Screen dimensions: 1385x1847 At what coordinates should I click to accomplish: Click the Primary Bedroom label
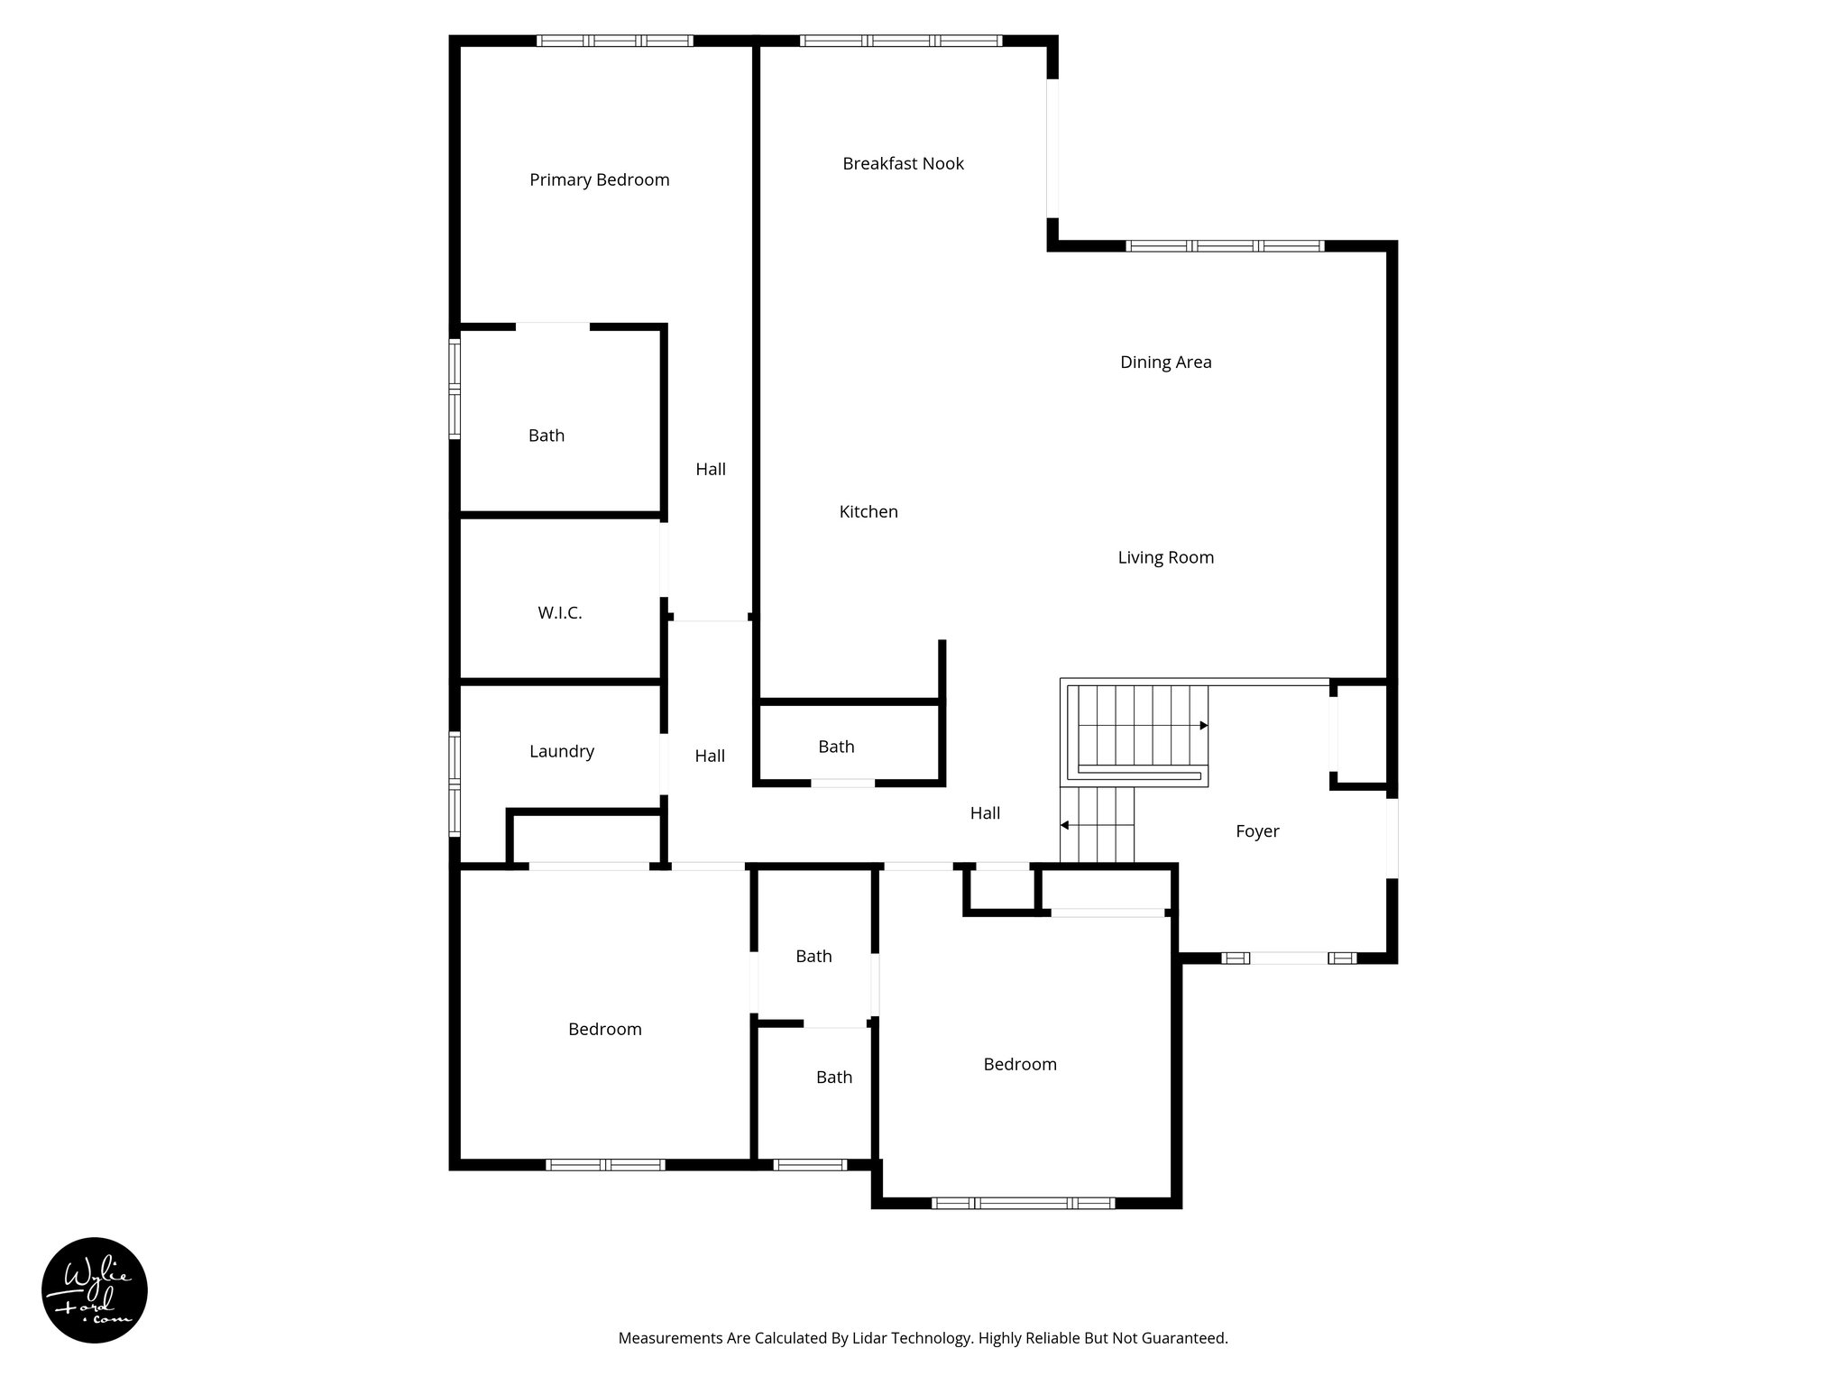(x=599, y=180)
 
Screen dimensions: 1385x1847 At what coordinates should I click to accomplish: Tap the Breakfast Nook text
(x=903, y=164)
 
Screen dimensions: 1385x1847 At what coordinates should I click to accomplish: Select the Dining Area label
(x=1165, y=362)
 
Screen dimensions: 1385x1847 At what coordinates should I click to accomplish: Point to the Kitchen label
(x=868, y=512)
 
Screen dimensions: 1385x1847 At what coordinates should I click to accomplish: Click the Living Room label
(x=1165, y=558)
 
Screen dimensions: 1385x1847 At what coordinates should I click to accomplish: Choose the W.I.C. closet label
(x=559, y=613)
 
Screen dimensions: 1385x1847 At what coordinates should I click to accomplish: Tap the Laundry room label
(x=561, y=752)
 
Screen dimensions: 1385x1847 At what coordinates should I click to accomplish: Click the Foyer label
(x=1256, y=831)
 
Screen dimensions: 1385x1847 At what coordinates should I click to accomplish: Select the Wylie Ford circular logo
(x=95, y=1289)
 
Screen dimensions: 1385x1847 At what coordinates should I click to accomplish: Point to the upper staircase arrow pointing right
(x=1203, y=725)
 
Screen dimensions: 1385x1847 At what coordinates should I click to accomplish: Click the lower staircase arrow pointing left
(x=1065, y=824)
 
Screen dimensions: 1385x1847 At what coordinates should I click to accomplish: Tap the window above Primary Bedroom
(x=615, y=41)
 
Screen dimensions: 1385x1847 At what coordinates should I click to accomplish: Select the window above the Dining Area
(x=1225, y=245)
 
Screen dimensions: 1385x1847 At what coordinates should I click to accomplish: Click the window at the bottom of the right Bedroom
(x=1023, y=1203)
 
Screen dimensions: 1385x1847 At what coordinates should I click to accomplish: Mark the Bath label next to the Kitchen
(x=836, y=747)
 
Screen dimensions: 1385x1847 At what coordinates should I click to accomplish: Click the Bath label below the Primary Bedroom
(x=546, y=436)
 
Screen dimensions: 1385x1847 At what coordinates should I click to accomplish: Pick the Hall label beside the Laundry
(x=710, y=757)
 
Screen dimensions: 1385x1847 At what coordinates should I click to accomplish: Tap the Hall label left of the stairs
(x=985, y=813)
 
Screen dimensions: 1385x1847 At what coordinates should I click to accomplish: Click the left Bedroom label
(x=604, y=1030)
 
